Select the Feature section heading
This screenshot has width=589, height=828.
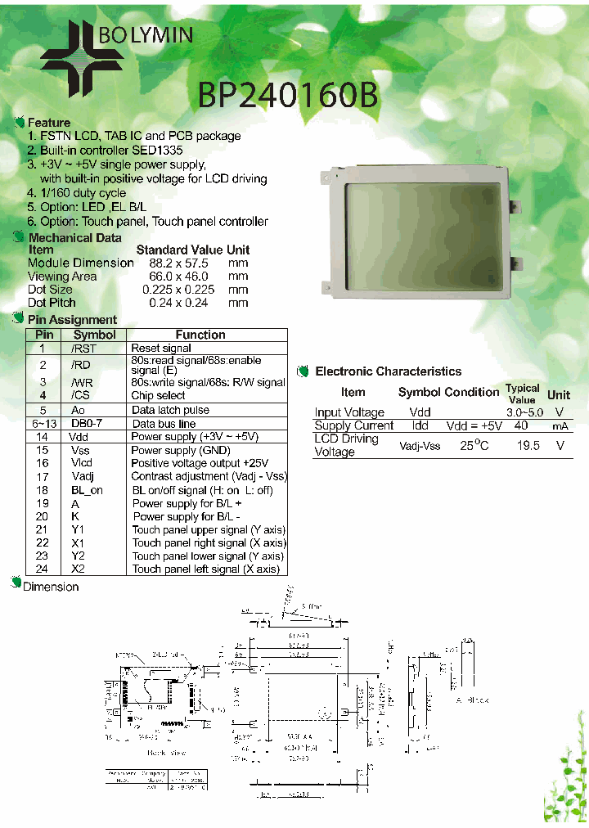tap(48, 123)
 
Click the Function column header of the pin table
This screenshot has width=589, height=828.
tap(200, 335)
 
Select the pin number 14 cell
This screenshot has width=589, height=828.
tap(43, 437)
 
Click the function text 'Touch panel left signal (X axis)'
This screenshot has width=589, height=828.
tap(206, 569)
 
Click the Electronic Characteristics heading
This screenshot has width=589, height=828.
tap(388, 371)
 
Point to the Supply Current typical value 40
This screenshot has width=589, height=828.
tap(520, 425)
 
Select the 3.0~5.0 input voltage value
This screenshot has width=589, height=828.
tap(524, 412)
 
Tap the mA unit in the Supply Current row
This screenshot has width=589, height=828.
tap(560, 426)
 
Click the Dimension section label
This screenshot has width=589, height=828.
tap(51, 587)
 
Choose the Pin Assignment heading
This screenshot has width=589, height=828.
tap(72, 320)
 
